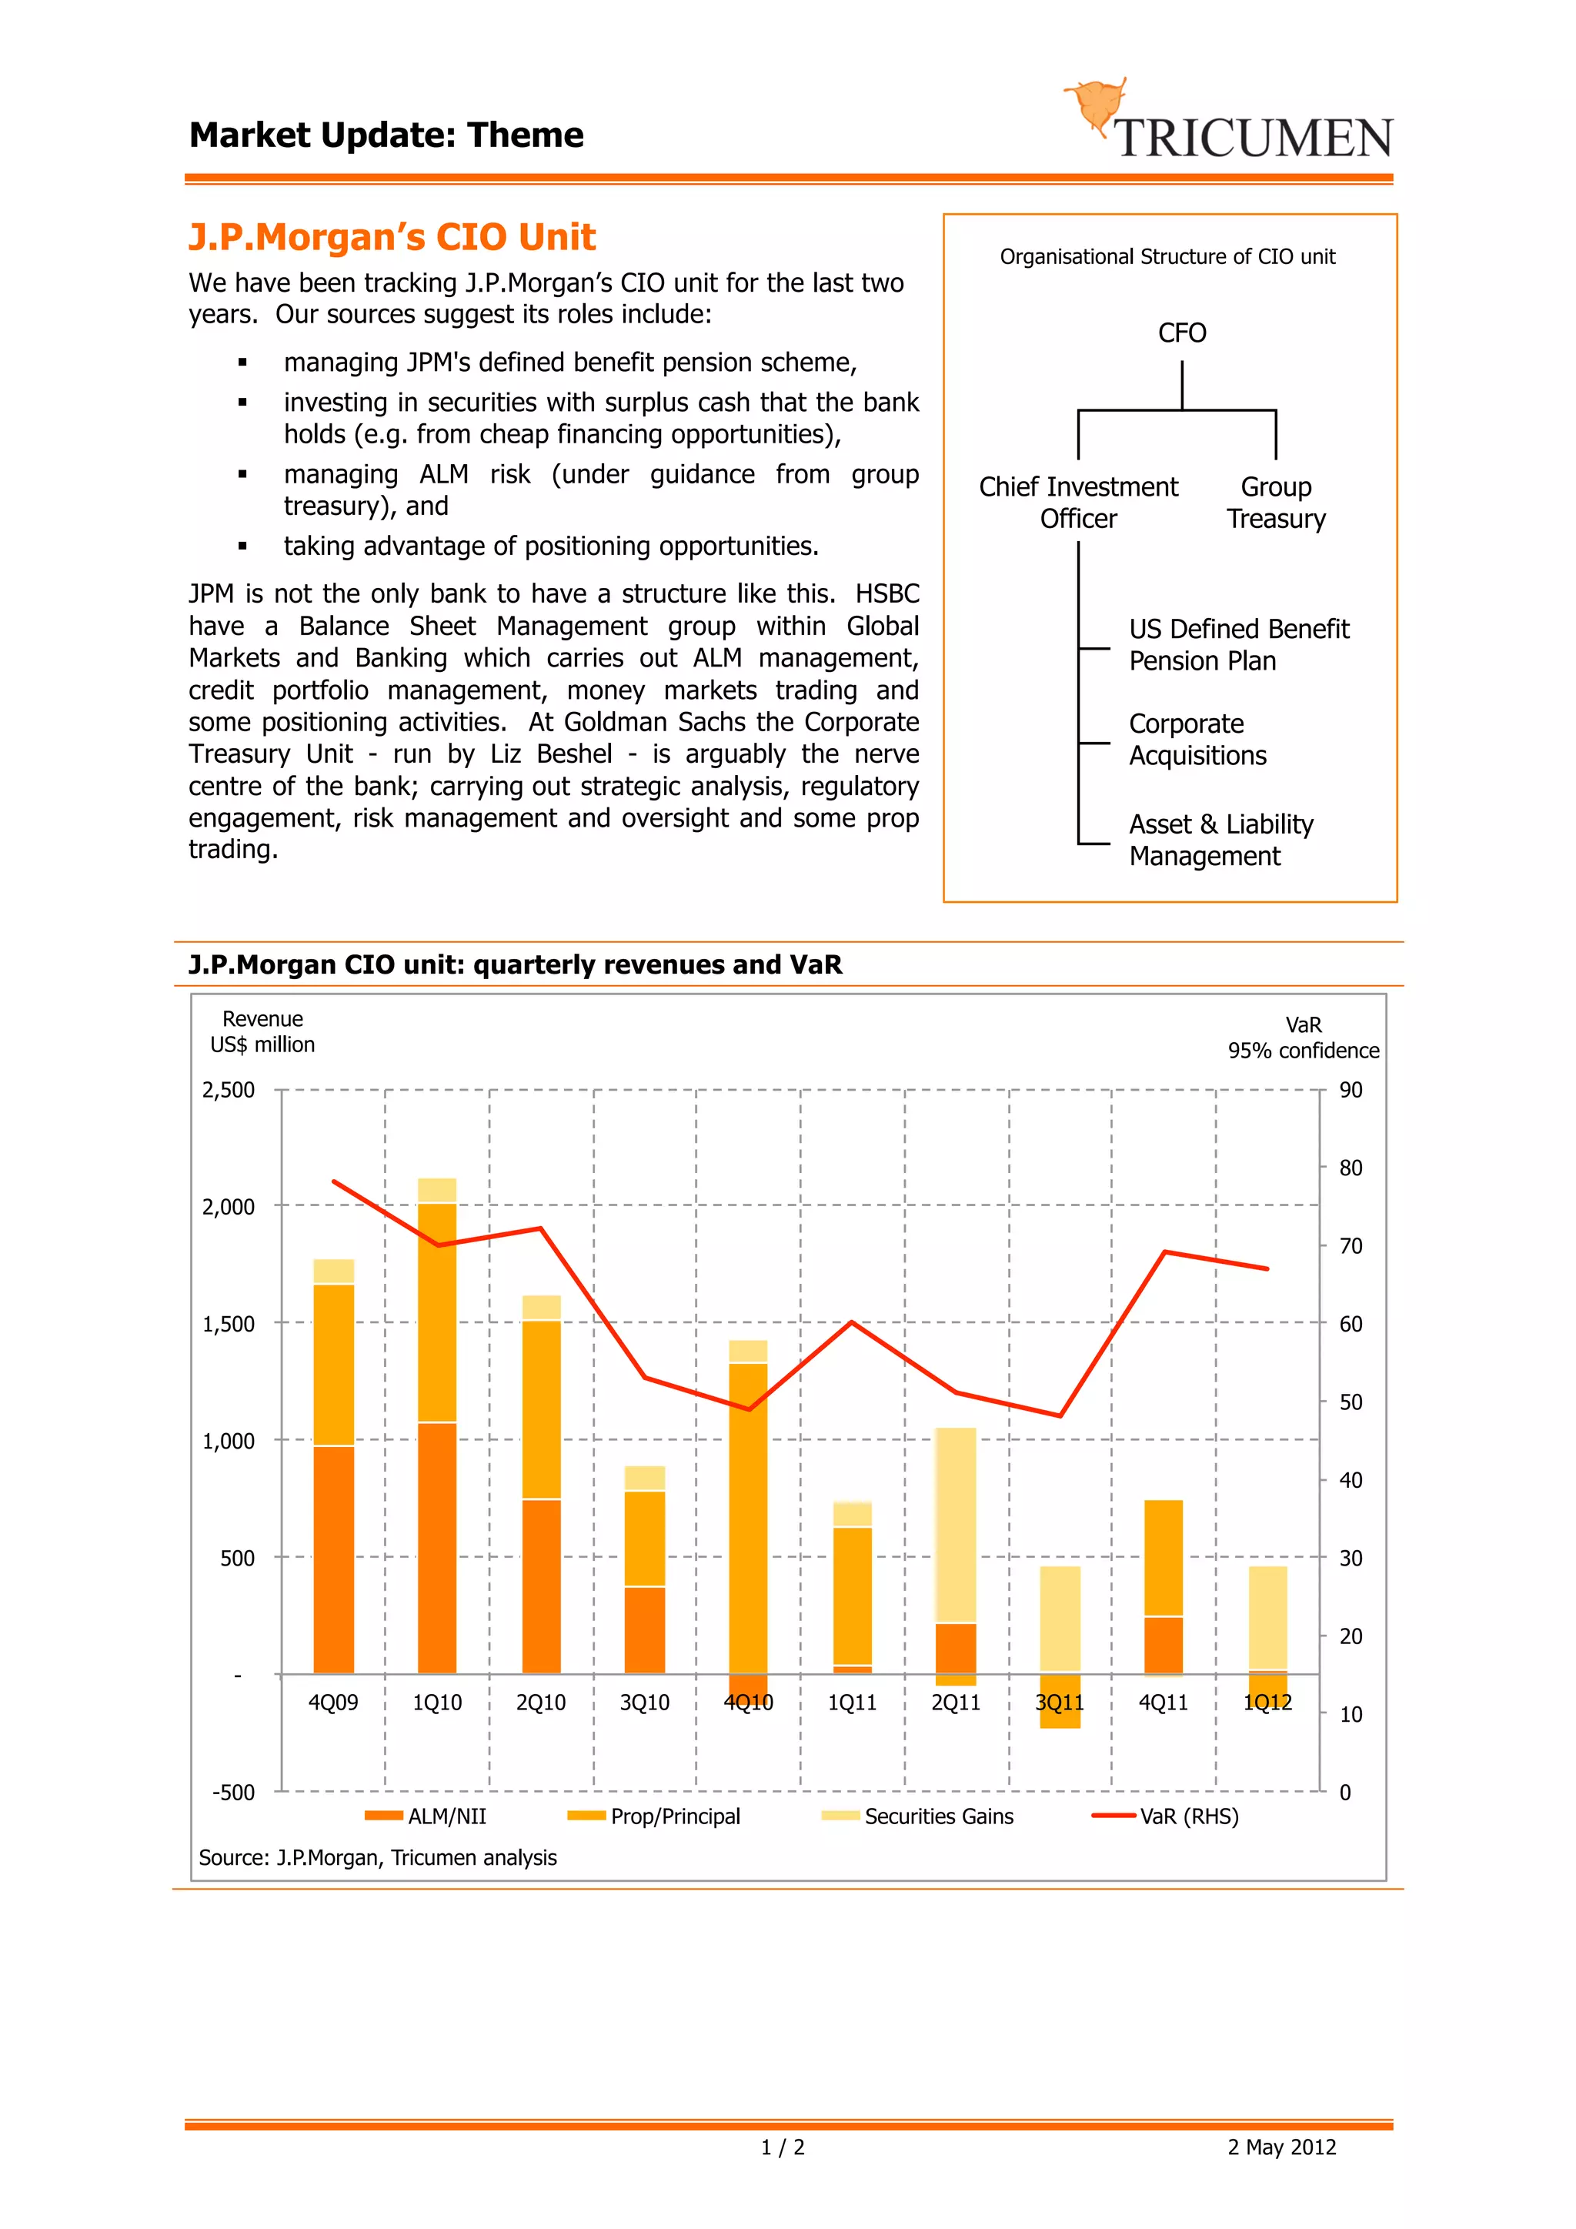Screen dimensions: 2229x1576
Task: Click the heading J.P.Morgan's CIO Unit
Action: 391,237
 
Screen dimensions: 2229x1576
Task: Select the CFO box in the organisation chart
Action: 1181,333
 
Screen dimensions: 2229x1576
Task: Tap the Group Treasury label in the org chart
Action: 1275,503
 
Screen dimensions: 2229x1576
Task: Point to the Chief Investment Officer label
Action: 1077,503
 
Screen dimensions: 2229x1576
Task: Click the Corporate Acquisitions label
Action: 1197,740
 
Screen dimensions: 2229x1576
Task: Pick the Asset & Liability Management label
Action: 1220,840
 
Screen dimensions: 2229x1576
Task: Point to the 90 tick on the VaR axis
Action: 1350,1090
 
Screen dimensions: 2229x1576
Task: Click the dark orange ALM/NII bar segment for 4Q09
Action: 333,1559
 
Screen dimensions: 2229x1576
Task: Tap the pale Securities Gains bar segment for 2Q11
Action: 956,1524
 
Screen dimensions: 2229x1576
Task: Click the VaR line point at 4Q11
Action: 1164,1252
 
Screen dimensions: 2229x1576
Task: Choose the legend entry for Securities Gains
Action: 918,1816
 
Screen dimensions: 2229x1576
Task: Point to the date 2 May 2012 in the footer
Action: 1281,2147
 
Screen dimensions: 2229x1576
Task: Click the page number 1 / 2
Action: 782,2147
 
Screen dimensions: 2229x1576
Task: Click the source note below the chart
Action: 378,1858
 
